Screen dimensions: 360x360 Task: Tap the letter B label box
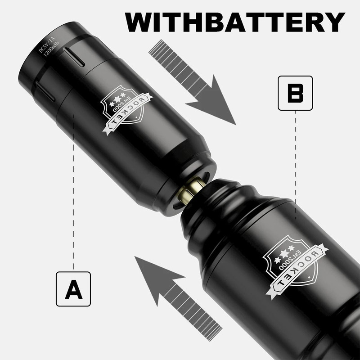[x=295, y=93]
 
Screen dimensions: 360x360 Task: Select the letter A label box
[x=73, y=289]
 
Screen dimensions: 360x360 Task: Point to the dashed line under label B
[x=295, y=162]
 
